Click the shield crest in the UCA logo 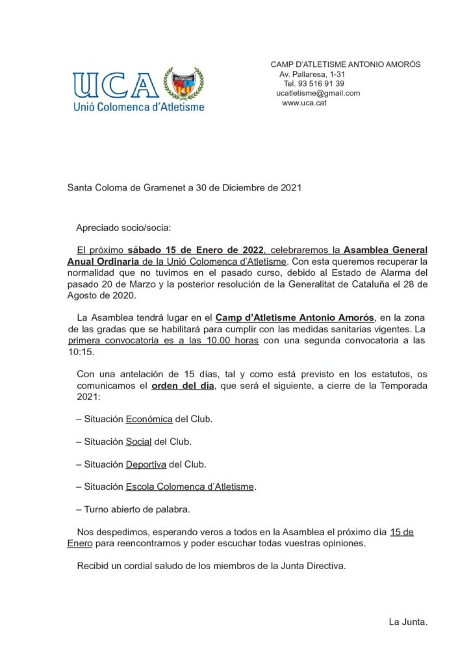click(184, 83)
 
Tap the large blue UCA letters click(115, 85)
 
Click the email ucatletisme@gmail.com click(318, 93)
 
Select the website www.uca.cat click(304, 103)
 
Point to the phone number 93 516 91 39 click(322, 83)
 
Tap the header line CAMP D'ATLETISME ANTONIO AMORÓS click(345, 64)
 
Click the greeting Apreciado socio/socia click(123, 228)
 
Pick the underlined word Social click(138, 442)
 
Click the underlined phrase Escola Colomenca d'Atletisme click(190, 486)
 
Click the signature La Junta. click(408, 622)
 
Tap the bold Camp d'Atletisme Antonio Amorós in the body click(294, 317)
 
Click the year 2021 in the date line click(291, 188)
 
